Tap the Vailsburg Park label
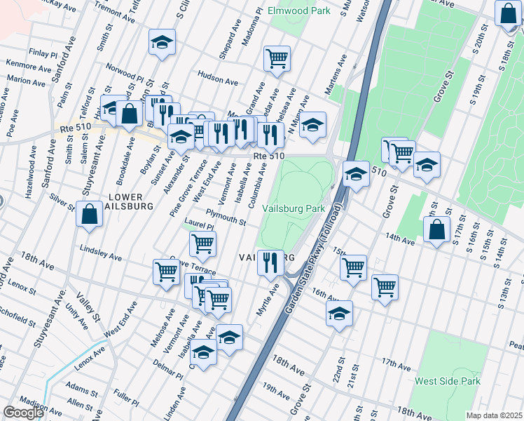coord(294,208)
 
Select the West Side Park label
coord(448,381)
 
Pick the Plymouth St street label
coord(225,217)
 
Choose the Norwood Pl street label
coord(125,72)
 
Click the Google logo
coord(23,413)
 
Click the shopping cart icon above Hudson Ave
coord(277,58)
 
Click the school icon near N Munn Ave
coord(313,124)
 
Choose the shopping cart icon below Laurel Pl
coord(202,243)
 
